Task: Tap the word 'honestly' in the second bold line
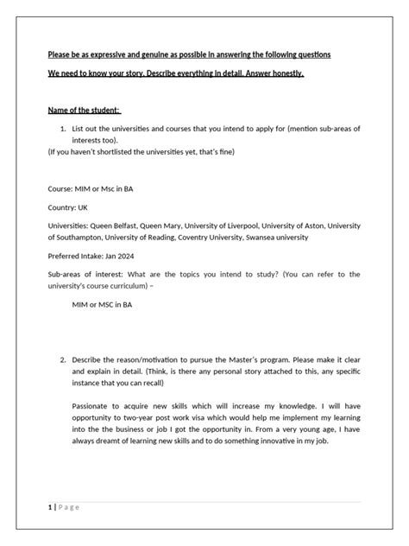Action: pos(281,74)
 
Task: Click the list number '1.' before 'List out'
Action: pos(63,129)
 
